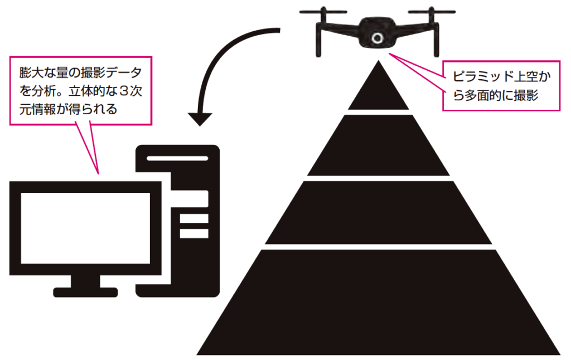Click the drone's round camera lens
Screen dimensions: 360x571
pos(378,38)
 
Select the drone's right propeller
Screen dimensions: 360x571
pos(430,12)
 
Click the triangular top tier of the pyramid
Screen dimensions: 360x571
pos(379,89)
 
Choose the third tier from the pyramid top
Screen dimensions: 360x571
pos(379,213)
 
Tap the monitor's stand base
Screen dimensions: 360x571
pos(85,291)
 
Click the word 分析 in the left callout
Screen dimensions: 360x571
pos(43,91)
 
